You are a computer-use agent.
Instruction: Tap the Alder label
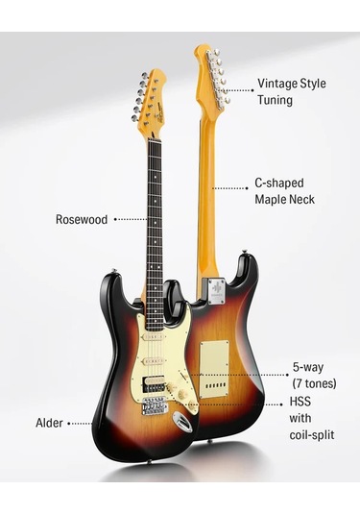49,423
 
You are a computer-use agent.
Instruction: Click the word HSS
300,403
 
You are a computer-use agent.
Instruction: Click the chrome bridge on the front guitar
155,405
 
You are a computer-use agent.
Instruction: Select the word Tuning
276,99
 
